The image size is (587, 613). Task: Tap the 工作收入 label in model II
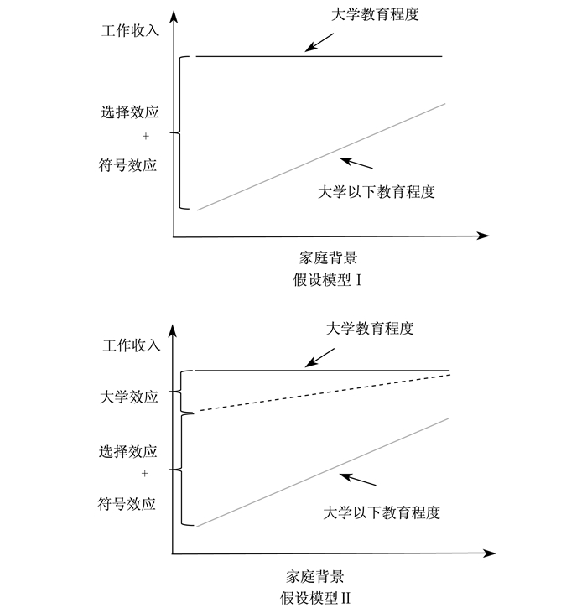[130, 344]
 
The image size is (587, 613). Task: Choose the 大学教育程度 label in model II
[370, 328]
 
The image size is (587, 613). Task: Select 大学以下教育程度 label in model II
[382, 512]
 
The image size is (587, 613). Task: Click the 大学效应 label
[128, 397]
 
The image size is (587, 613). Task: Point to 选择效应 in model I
[128, 112]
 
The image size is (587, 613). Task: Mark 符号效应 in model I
[128, 164]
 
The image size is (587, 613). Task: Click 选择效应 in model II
[128, 451]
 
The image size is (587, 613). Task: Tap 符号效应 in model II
[128, 504]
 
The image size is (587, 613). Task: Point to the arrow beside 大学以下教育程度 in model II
[356, 481]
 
